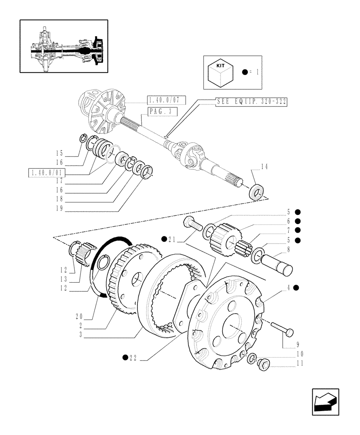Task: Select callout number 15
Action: (x=59, y=153)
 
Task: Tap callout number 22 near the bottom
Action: (x=132, y=358)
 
